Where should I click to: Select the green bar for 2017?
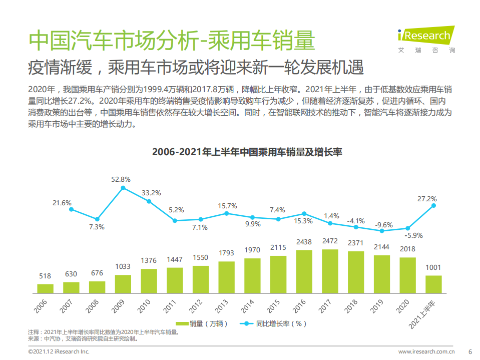pyautogui.click(x=330, y=271)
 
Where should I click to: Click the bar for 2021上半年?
pyautogui.click(x=433, y=284)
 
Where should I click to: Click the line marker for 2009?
pyautogui.click(x=123, y=188)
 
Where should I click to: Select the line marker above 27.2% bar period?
pyautogui.click(x=433, y=205)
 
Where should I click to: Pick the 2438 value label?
pyautogui.click(x=304, y=242)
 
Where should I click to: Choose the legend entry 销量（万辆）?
pyautogui.click(x=197, y=323)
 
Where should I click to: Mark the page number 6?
pyautogui.click(x=469, y=351)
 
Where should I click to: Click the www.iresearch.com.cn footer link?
pyautogui.click(x=426, y=351)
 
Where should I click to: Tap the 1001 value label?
pyautogui.click(x=433, y=268)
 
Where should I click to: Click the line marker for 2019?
pyautogui.click(x=382, y=231)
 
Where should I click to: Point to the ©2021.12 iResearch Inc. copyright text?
pyautogui.click(x=59, y=351)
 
